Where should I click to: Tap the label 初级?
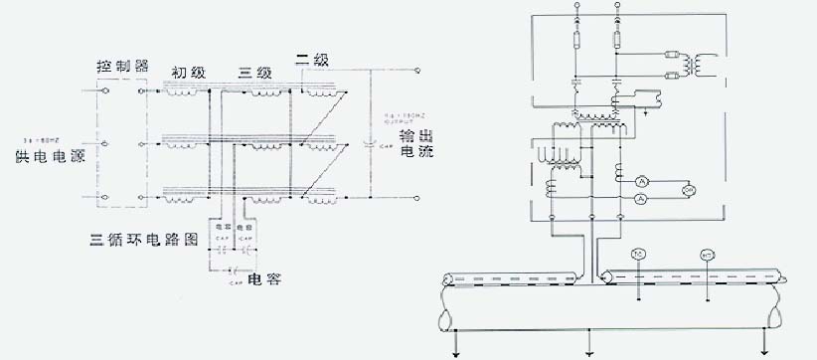click(186, 72)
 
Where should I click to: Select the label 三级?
click(255, 72)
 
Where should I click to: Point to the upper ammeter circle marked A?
click(642, 182)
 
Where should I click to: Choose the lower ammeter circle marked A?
click(642, 200)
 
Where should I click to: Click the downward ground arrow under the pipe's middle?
click(592, 349)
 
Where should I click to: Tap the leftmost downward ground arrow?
click(454, 349)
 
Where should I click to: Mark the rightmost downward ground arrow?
click(762, 349)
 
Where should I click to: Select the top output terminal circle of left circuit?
click(417, 71)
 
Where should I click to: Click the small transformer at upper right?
click(703, 65)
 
